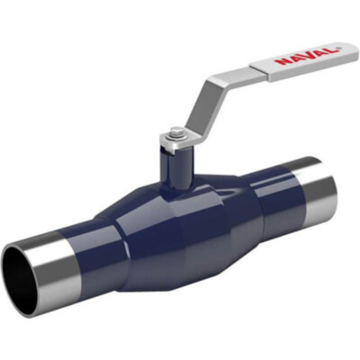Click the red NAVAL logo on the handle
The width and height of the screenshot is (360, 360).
(x=306, y=56)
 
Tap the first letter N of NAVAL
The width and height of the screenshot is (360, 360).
(x=283, y=61)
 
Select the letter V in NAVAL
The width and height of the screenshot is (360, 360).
(x=307, y=56)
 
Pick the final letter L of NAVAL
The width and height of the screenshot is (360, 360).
(x=330, y=50)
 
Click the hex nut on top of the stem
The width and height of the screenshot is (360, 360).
(x=175, y=133)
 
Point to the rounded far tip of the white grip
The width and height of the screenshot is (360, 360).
(x=356, y=49)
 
